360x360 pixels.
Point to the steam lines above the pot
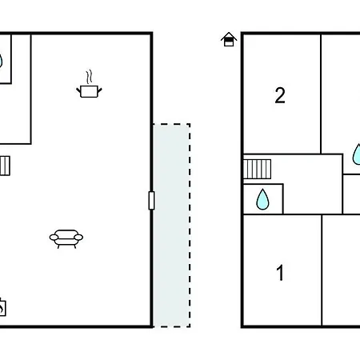(x=90, y=77)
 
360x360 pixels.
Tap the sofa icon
(x=66, y=238)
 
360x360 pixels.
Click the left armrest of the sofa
(x=54, y=237)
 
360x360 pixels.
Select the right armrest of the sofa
(x=78, y=237)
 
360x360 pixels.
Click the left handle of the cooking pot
(x=78, y=90)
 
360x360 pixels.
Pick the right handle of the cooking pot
(x=99, y=90)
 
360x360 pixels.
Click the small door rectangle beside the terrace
(x=151, y=200)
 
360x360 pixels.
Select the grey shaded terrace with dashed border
(x=171, y=225)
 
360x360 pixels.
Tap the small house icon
(x=229, y=39)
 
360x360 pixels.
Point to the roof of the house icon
(x=229, y=36)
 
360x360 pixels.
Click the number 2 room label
(x=280, y=95)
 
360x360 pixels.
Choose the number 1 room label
(x=280, y=273)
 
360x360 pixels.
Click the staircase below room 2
(x=257, y=169)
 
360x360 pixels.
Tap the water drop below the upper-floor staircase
(x=262, y=199)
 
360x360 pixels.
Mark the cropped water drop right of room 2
(x=357, y=154)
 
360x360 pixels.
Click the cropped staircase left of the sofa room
(x=5, y=166)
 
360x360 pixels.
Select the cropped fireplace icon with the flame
(x=2, y=307)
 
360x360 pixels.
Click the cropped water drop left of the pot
(x=1, y=61)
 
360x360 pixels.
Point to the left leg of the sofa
(x=58, y=246)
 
